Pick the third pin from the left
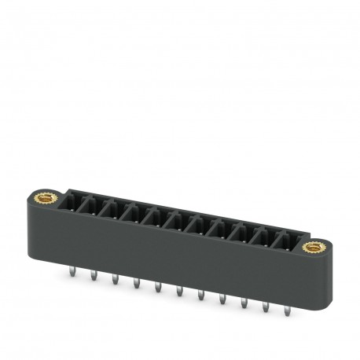115,277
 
